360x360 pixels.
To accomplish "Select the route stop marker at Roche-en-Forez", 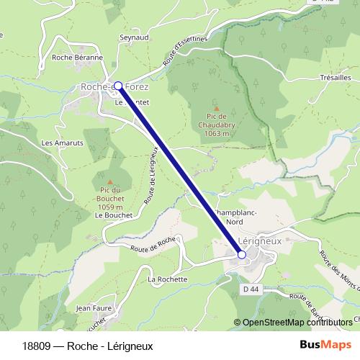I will pyautogui.click(x=119, y=85).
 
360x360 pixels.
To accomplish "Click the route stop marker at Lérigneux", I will pyautogui.click(x=242, y=254).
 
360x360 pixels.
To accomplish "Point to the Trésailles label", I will pyautogui.click(x=334, y=76).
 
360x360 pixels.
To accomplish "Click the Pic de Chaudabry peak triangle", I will pyautogui.click(x=216, y=107).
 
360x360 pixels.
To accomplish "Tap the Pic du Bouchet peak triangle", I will pyautogui.click(x=109, y=181).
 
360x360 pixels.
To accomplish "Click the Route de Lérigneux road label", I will pyautogui.click(x=153, y=172).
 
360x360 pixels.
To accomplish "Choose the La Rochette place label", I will pyautogui.click(x=167, y=279).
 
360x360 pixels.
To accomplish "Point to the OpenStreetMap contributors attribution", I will pyautogui.click(x=297, y=322).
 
